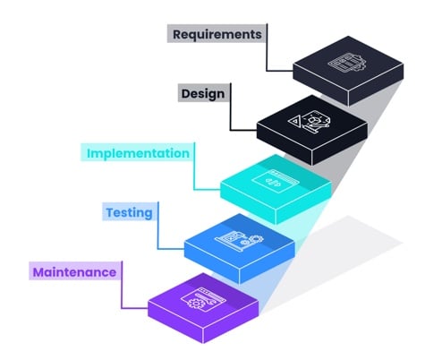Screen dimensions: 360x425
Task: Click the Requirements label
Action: (217, 35)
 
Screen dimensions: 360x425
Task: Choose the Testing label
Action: (129, 212)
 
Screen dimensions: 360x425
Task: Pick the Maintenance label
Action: (75, 270)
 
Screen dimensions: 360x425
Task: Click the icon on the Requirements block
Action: (344, 64)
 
